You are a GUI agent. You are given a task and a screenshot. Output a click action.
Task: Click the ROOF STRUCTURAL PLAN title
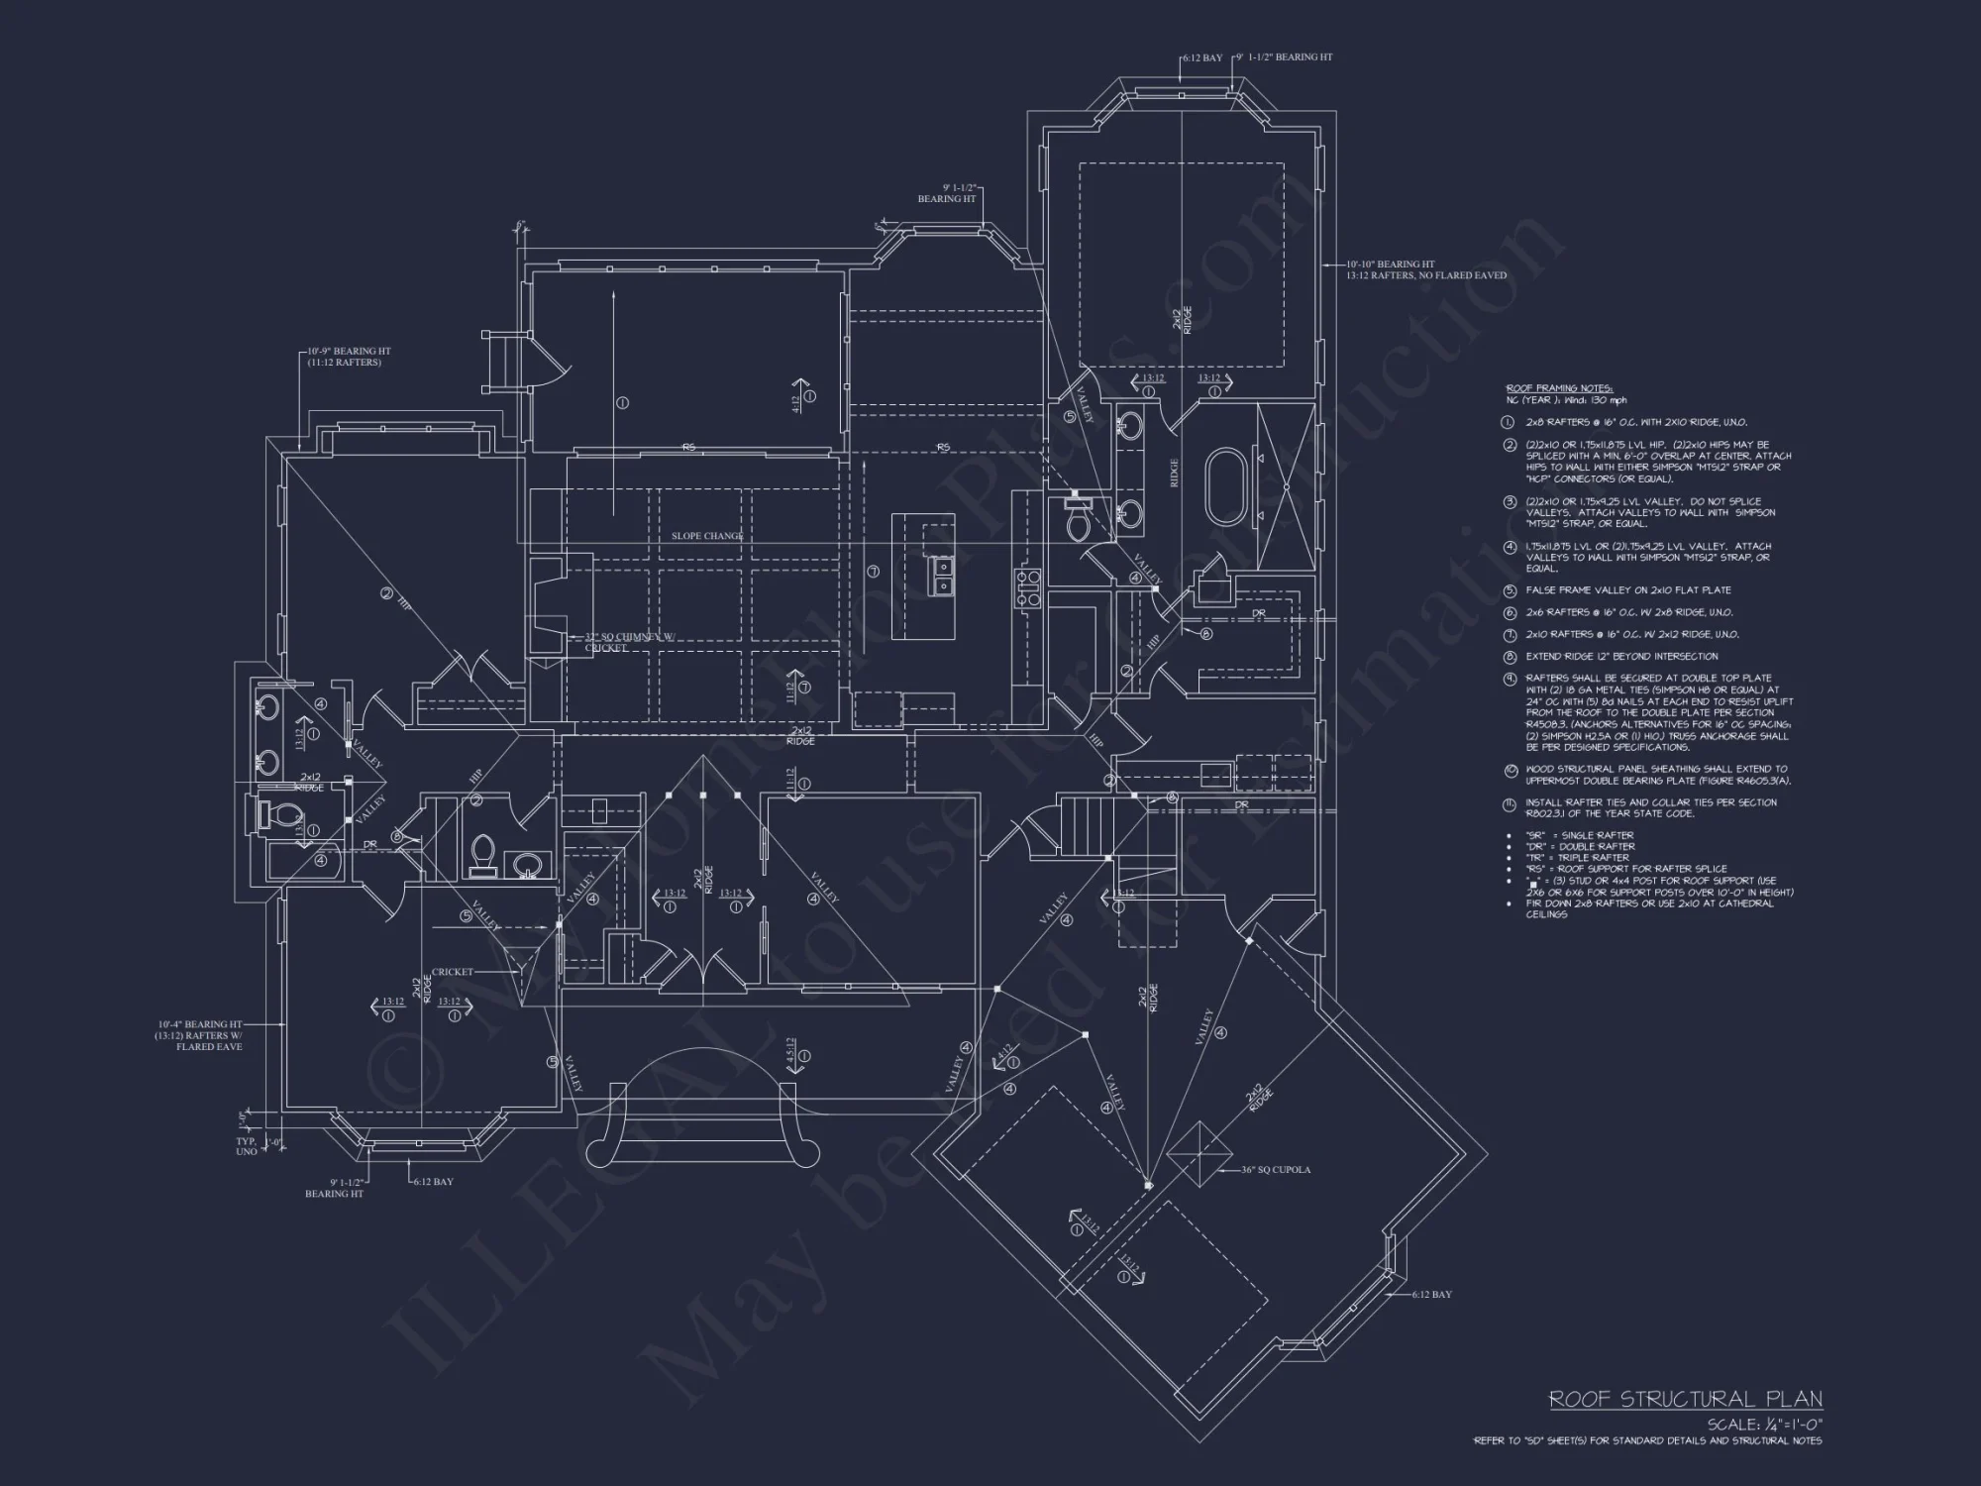(x=1685, y=1399)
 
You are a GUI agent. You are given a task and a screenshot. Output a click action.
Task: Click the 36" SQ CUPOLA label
(x=1276, y=1170)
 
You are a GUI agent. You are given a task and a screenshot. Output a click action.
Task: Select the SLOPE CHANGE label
(x=707, y=536)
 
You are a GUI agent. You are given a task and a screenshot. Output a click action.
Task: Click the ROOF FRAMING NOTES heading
(x=1559, y=388)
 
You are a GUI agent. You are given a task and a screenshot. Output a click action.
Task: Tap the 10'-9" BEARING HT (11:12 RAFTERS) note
(x=348, y=357)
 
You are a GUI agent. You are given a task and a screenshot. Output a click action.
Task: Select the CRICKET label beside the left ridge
(x=452, y=972)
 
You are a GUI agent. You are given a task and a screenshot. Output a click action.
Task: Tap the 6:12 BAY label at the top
(x=1203, y=58)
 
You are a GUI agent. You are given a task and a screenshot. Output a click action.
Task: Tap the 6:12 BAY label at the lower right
(x=1431, y=1295)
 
